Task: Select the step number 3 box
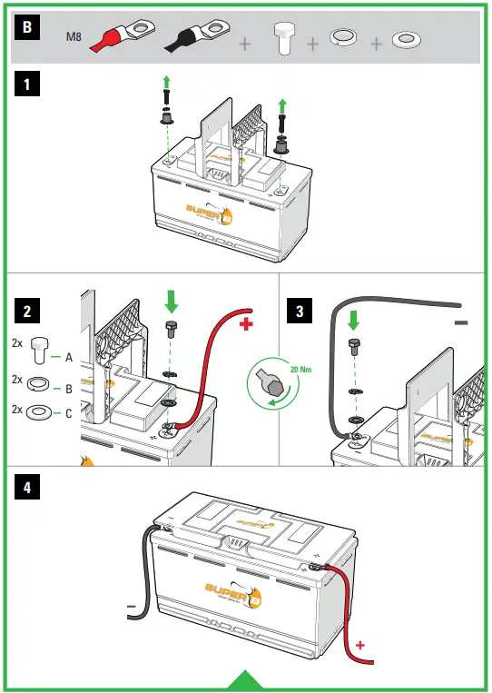pyautogui.click(x=300, y=311)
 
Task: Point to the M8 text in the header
pyautogui.click(x=76, y=37)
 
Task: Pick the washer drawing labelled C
pyautogui.click(x=40, y=411)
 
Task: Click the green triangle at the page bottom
pyautogui.click(x=245, y=681)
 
